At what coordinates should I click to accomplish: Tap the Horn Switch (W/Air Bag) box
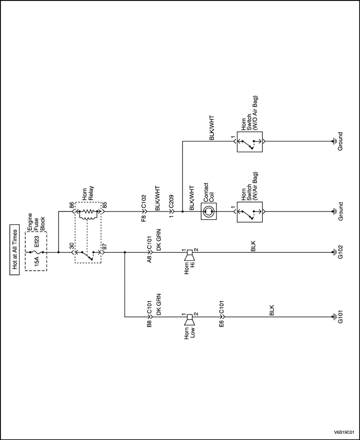(x=250, y=211)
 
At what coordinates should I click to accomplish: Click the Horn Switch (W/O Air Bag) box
(x=250, y=140)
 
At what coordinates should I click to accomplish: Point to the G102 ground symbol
(x=334, y=253)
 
